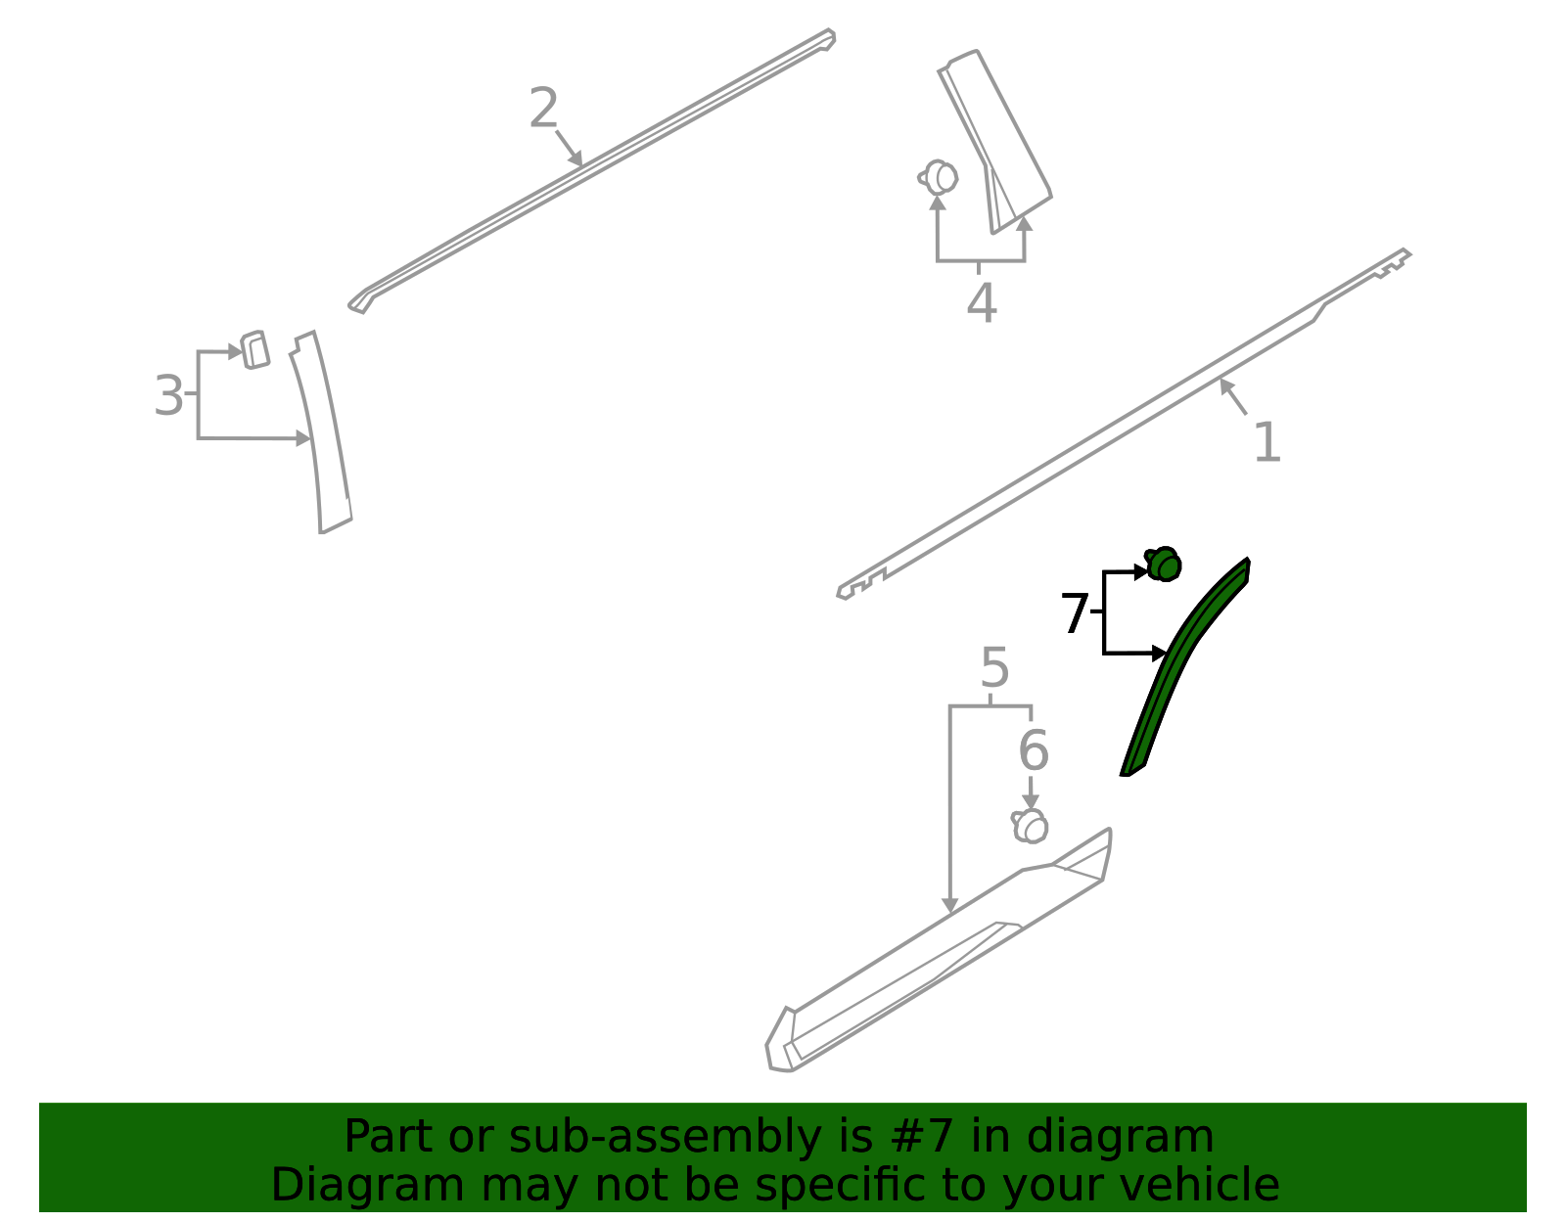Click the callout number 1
1267,442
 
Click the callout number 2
543,108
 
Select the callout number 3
169,394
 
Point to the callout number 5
994,667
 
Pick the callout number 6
1034,749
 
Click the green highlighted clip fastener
1163,564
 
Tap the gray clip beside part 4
939,177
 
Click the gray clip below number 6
1030,826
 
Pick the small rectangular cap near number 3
254,350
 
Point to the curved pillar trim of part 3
322,432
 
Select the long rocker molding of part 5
937,951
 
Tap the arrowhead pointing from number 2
576,158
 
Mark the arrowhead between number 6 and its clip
1031,800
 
